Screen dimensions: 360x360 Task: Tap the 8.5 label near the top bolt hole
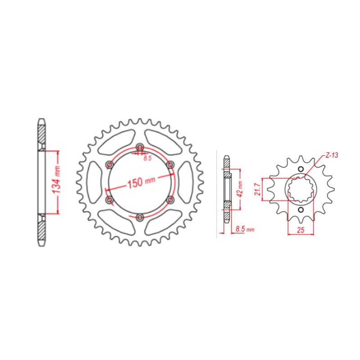147,158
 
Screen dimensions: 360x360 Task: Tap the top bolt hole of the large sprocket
140,148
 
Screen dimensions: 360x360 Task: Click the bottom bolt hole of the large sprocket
140,217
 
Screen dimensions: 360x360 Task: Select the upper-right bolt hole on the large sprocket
170,165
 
